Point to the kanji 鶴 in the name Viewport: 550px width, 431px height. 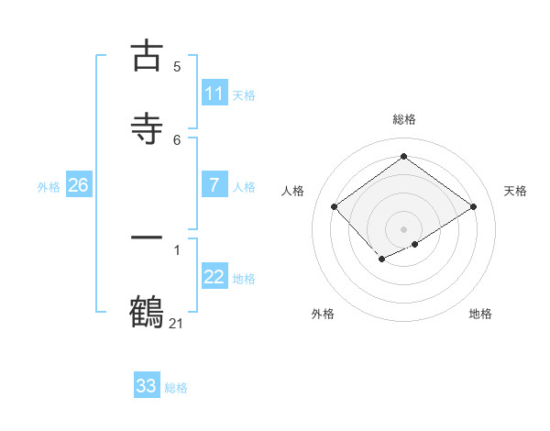[147, 311]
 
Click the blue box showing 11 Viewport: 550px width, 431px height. [214, 94]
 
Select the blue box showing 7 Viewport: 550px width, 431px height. [214, 185]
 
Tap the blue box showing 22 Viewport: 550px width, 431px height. [214, 278]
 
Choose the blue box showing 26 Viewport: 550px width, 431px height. [78, 185]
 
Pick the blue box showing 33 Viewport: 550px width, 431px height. [147, 386]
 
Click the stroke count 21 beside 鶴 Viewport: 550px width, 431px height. [177, 323]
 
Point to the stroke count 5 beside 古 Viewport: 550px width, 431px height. [177, 66]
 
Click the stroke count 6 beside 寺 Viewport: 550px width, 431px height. [177, 139]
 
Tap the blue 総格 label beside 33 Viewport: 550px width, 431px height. [176, 388]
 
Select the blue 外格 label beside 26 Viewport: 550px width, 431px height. [49, 187]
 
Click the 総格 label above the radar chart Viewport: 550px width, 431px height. [403, 119]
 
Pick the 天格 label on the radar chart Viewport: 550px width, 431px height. [515, 191]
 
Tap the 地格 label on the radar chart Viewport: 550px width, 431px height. [480, 314]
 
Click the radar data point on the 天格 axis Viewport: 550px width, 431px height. [473, 207]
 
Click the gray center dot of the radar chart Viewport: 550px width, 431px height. [403, 228]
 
